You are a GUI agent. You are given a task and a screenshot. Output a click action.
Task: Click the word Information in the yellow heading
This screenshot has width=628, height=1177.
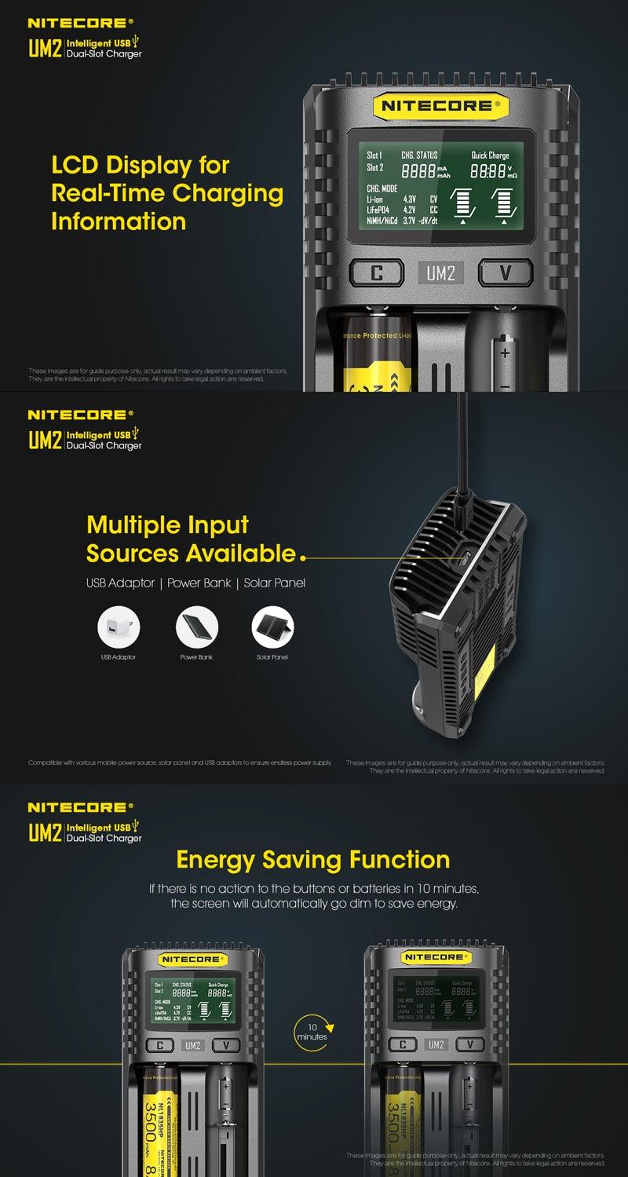119,221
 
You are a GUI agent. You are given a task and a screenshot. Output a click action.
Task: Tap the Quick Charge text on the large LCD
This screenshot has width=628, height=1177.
490,155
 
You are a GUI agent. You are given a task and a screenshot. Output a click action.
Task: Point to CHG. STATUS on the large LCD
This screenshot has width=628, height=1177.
419,155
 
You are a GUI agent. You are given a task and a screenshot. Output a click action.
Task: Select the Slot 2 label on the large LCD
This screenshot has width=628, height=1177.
375,167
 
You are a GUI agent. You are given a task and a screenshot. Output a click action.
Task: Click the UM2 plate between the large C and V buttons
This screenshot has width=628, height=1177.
440,272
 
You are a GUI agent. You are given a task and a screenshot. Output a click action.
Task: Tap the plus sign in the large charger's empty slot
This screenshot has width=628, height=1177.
505,353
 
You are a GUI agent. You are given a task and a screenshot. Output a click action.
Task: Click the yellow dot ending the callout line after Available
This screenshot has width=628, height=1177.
303,559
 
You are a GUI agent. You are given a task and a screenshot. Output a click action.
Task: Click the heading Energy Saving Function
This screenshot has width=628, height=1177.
313,859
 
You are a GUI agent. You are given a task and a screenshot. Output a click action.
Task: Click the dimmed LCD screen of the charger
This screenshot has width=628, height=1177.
436,998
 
